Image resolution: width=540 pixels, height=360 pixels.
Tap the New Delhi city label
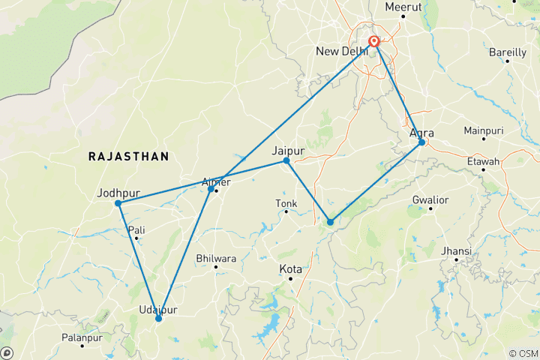341,51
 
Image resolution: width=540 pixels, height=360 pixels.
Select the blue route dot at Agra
422,142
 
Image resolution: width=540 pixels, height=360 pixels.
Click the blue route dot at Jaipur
286,161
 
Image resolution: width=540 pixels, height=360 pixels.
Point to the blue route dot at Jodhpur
118,203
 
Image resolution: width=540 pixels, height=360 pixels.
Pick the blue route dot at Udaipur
158,319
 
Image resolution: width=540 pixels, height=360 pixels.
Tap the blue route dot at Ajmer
211,188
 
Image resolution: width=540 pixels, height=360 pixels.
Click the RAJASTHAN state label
128,156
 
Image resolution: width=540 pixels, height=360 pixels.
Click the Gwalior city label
430,199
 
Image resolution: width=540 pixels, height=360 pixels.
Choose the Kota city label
291,268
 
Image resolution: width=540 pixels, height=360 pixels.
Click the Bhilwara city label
216,258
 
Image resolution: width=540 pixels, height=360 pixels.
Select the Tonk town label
286,202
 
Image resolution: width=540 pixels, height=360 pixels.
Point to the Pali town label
136,229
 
